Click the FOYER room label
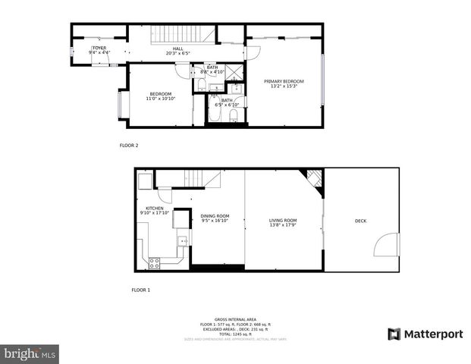click(x=99, y=48)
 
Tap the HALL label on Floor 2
click(x=177, y=49)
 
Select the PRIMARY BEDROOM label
click(x=284, y=81)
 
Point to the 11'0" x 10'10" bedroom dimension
click(x=160, y=99)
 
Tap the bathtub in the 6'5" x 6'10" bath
click(x=235, y=116)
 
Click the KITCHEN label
click(x=155, y=208)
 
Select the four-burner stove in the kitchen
click(x=155, y=263)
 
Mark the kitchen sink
click(x=182, y=241)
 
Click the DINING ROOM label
click(x=215, y=216)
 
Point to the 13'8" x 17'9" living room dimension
click(x=283, y=225)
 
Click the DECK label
click(x=360, y=221)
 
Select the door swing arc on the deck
click(x=386, y=246)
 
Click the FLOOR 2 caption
click(x=129, y=145)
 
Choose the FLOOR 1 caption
click(x=141, y=290)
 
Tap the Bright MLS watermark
click(x=30, y=353)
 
